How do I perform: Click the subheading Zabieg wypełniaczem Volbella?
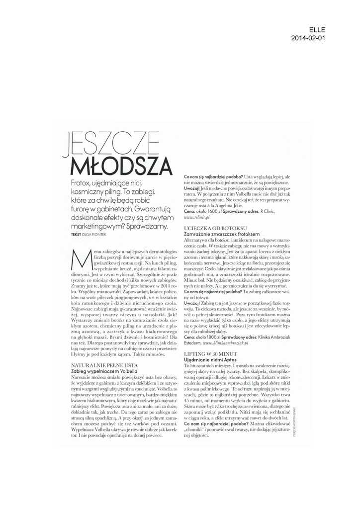tap(104, 371)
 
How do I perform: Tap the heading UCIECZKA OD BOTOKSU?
tap(209, 227)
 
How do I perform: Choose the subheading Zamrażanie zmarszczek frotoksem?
tap(222, 233)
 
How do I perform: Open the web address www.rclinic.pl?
tap(197, 217)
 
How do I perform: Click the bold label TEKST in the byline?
tap(77, 234)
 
